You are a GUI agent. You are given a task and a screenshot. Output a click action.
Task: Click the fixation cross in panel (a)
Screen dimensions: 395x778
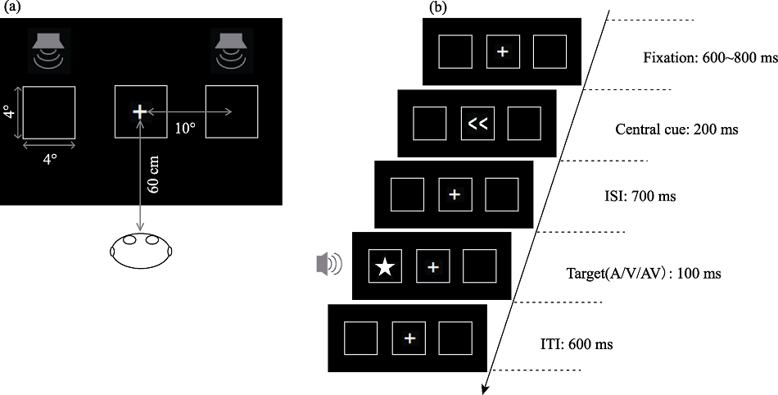140,111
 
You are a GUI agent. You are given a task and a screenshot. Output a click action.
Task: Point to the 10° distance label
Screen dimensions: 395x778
186,127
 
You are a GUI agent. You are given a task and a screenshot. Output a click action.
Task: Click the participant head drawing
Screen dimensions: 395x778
139,249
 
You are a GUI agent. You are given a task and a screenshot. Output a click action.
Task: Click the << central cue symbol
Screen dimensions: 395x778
477,124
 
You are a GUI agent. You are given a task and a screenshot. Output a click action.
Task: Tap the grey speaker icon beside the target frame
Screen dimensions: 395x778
328,264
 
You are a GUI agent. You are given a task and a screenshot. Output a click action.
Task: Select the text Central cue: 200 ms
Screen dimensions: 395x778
676,129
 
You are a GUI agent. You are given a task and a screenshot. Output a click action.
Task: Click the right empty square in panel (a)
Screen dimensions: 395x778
232,111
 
